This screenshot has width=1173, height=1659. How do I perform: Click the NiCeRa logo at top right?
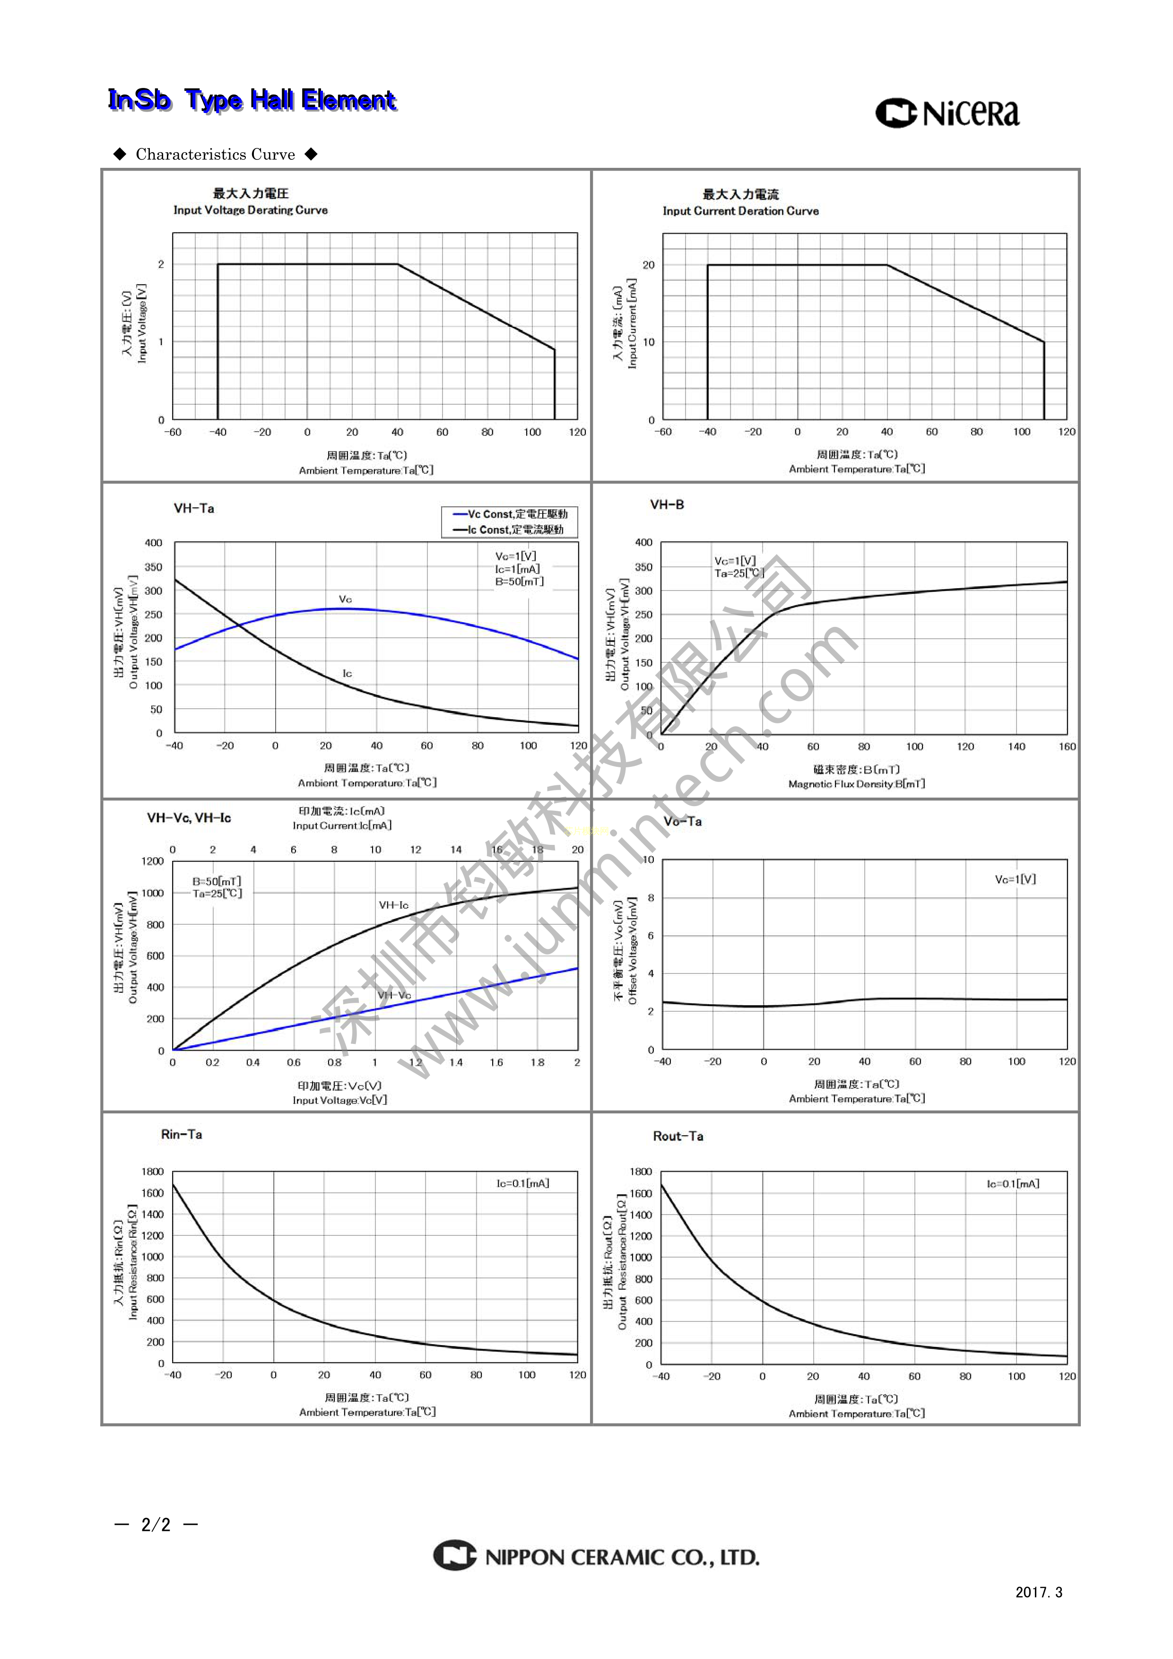click(x=947, y=113)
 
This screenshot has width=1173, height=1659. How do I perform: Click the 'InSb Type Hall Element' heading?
click(x=252, y=100)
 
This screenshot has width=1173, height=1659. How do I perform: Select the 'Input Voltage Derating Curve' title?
click(x=250, y=210)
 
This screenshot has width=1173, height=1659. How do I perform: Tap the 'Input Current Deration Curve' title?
click(x=740, y=211)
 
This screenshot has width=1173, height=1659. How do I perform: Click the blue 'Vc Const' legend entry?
click(x=510, y=514)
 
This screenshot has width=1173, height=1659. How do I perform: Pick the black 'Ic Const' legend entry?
click(x=509, y=530)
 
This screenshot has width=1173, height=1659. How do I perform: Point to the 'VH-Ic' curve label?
click(x=393, y=904)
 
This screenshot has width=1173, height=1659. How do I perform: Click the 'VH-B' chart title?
click(x=666, y=504)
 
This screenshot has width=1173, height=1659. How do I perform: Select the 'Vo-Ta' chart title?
click(x=682, y=822)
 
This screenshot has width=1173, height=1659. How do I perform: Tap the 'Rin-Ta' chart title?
click(x=182, y=1134)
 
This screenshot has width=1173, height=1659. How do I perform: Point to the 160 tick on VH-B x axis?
click(x=1067, y=747)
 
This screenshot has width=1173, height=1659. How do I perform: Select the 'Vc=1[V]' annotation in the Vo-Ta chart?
click(x=1015, y=879)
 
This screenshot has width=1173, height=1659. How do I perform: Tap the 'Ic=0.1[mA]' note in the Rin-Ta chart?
click(x=522, y=1183)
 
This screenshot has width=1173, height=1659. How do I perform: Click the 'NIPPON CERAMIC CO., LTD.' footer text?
click(x=622, y=1557)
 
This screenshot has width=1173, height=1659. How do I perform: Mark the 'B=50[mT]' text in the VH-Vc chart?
click(x=217, y=881)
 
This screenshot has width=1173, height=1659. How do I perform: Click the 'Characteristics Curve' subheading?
click(x=216, y=154)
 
